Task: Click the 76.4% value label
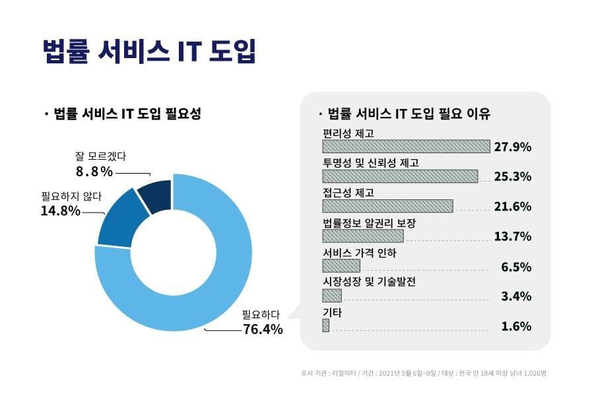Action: pyautogui.click(x=263, y=329)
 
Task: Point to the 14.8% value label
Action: pyautogui.click(x=61, y=211)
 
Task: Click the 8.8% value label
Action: pyautogui.click(x=94, y=172)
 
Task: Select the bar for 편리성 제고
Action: pyautogui.click(x=406, y=146)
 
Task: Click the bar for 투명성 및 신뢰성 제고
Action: pyautogui.click(x=400, y=176)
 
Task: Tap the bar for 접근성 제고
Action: pyautogui.click(x=387, y=206)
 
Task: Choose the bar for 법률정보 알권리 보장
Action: pyautogui.click(x=362, y=236)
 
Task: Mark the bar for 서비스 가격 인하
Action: pyautogui.click(x=341, y=265)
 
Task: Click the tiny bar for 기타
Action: pyautogui.click(x=325, y=326)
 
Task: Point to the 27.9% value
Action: pyautogui.click(x=513, y=147)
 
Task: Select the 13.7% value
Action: pyautogui.click(x=513, y=236)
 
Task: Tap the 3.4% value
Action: pyautogui.click(x=516, y=296)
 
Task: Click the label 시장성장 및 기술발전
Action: pyautogui.click(x=369, y=282)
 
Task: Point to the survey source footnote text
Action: pyautogui.click(x=423, y=373)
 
